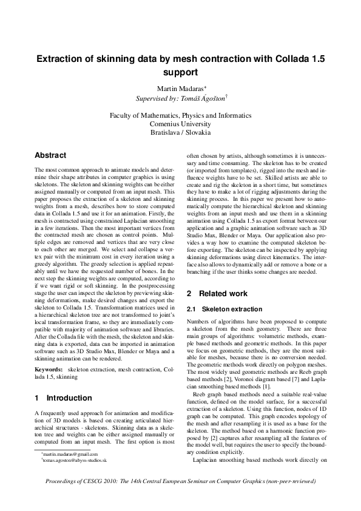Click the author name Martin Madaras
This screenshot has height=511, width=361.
tap(178, 90)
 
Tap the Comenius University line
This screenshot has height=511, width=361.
tap(181, 123)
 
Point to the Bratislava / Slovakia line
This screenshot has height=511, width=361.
tap(181, 132)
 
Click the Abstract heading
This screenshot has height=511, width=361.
tap(50, 156)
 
